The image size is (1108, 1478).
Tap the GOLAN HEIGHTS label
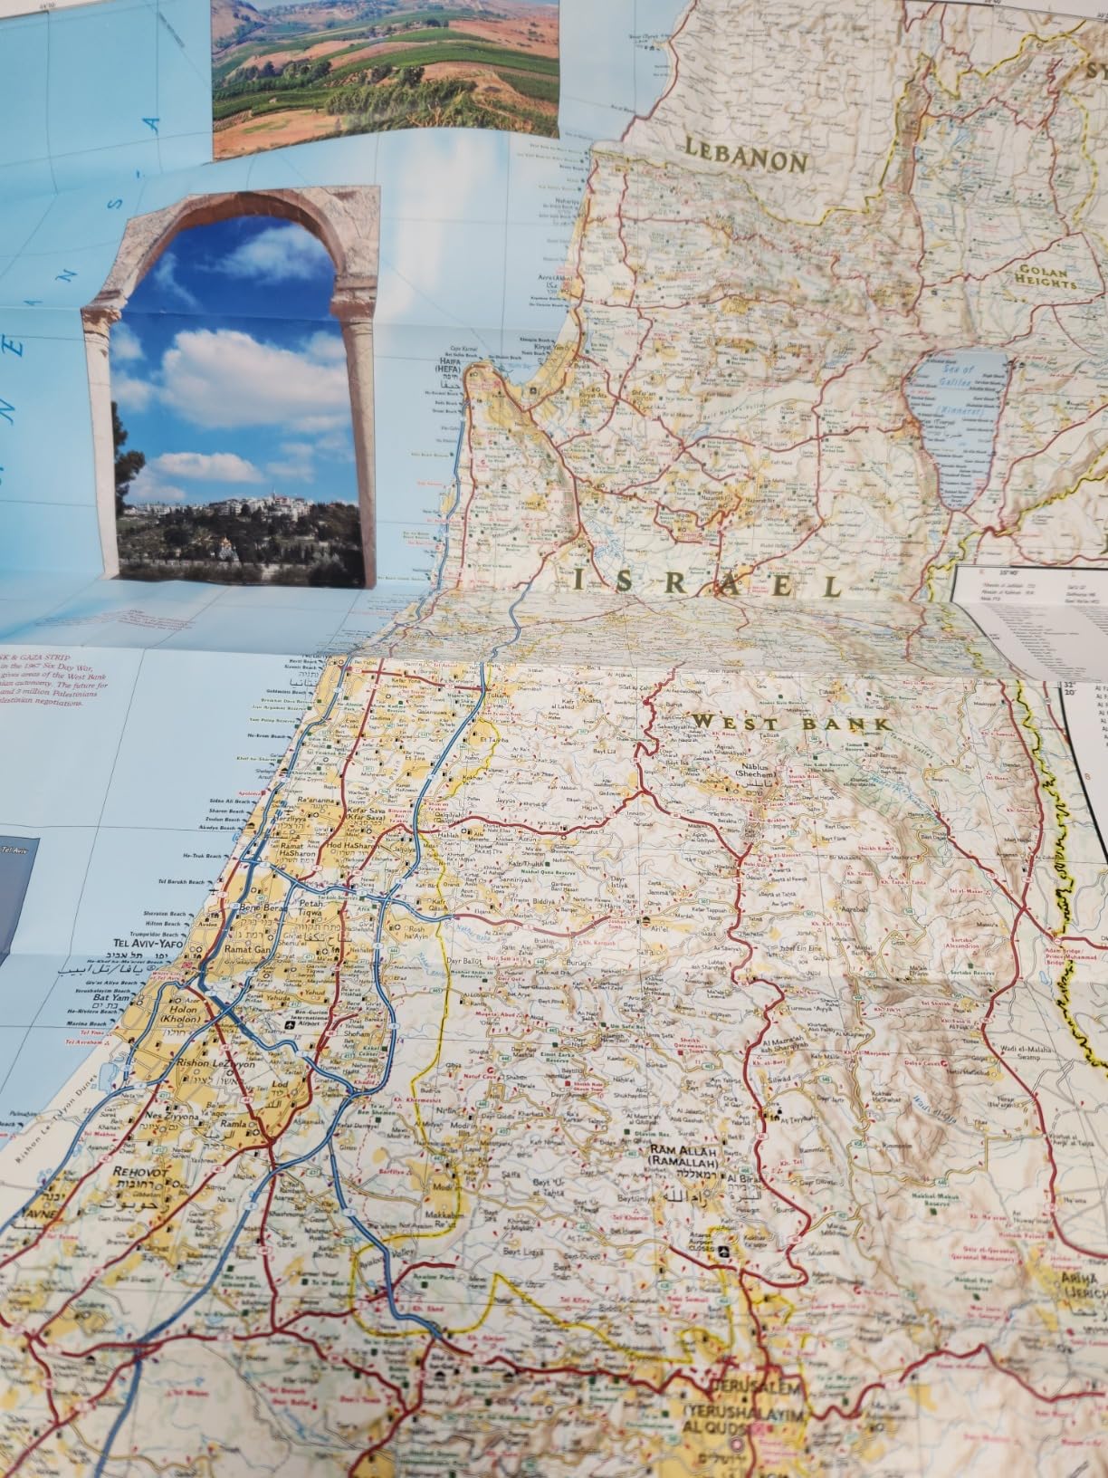[1046, 276]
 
